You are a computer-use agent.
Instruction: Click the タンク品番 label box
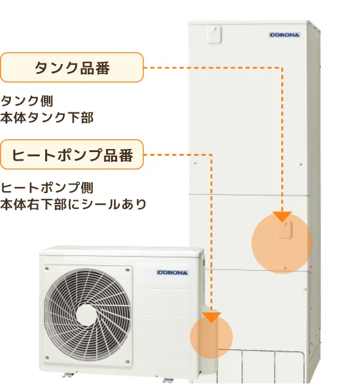click(71, 67)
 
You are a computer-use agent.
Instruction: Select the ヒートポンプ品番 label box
click(71, 155)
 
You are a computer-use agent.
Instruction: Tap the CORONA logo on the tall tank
click(284, 35)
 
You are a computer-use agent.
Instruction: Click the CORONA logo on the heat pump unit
click(173, 272)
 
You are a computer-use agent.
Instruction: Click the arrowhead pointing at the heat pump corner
click(212, 318)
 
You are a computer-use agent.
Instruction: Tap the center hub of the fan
click(87, 315)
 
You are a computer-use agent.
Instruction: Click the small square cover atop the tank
click(214, 34)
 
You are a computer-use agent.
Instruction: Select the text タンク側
click(27, 101)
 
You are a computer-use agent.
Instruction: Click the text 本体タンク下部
click(47, 117)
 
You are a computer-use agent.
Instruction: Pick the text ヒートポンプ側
click(47, 188)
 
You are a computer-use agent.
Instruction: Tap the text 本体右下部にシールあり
click(73, 205)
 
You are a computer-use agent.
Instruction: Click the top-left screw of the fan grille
click(47, 269)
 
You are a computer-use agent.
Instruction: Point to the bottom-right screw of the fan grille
click(128, 362)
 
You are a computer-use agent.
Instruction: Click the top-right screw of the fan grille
click(128, 270)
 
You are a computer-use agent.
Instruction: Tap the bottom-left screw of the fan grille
click(47, 357)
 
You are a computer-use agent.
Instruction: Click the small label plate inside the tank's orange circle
click(285, 230)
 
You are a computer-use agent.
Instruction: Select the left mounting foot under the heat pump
click(68, 375)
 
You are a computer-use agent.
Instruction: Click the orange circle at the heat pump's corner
click(212, 337)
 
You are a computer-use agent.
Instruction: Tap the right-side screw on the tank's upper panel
click(301, 164)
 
